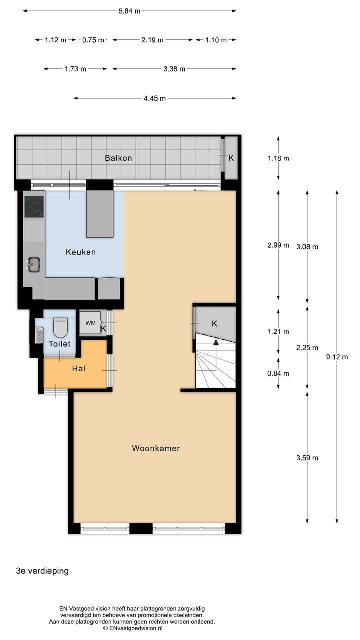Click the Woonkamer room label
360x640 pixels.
[156, 448]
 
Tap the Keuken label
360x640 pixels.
[81, 252]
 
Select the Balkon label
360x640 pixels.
[118, 158]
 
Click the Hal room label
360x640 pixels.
[78, 368]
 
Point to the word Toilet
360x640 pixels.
[59, 344]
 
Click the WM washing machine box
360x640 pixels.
[90, 323]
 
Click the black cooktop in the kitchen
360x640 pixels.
[34, 207]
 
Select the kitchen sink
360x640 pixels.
[34, 264]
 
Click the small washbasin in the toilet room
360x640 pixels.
[39, 335]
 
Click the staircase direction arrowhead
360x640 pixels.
[216, 342]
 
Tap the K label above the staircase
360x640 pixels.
[214, 323]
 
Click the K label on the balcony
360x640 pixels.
[231, 158]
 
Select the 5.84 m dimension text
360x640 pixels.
[129, 11]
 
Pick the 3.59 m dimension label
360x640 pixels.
[307, 457]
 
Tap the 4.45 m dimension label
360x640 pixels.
[155, 98]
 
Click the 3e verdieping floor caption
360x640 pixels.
[42, 571]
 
